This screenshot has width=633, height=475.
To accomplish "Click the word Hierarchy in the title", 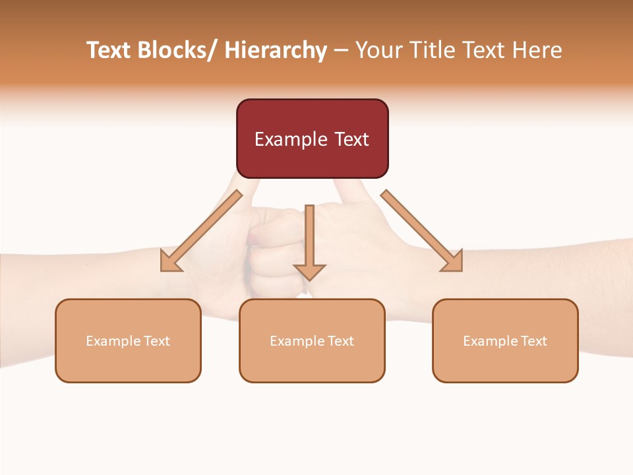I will [x=276, y=51].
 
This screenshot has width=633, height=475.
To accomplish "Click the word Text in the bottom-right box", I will [x=533, y=341].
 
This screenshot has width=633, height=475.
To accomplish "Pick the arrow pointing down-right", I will [x=422, y=231].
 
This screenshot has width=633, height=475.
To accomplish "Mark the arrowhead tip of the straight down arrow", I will [x=309, y=280].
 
